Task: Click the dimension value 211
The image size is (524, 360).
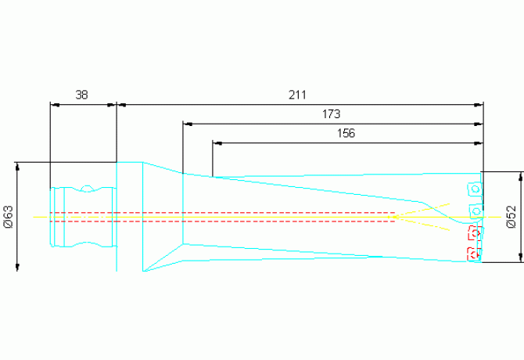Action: pyautogui.click(x=296, y=95)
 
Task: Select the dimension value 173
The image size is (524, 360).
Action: pyautogui.click(x=331, y=114)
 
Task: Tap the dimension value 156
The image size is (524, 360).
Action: pyautogui.click(x=346, y=134)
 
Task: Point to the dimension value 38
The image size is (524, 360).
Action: pyautogui.click(x=82, y=95)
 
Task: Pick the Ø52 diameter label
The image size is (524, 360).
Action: pyautogui.click(x=511, y=217)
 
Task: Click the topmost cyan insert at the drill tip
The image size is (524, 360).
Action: pyautogui.click(x=475, y=189)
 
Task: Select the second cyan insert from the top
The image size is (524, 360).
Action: pyautogui.click(x=475, y=211)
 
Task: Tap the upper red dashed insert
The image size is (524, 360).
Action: pyautogui.click(x=472, y=233)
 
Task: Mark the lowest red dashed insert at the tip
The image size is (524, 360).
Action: pyautogui.click(x=472, y=254)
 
